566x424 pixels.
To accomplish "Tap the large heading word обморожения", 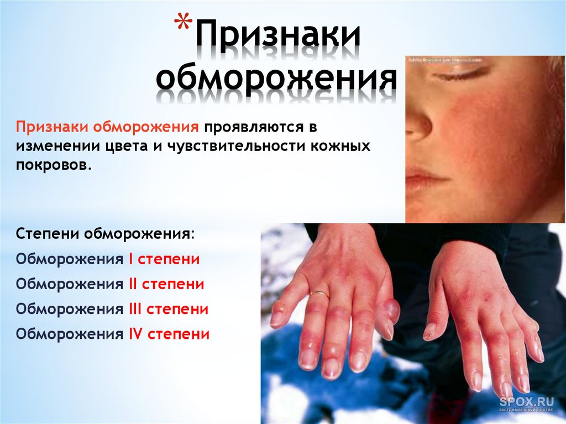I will pyautogui.click(x=276, y=80).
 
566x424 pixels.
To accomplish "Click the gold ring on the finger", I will pyautogui.click(x=319, y=294).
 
